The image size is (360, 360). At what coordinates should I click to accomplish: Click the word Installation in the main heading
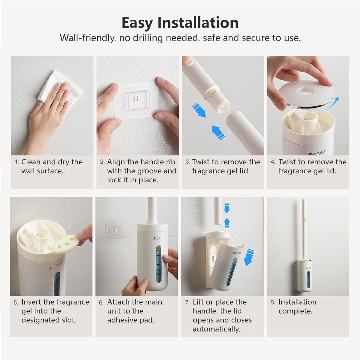[x=198, y=23]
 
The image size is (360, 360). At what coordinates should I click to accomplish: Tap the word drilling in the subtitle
[x=148, y=38]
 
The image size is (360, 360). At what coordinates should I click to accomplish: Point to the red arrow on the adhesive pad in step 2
[x=137, y=98]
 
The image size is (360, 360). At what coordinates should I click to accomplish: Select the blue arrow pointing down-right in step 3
[x=199, y=110]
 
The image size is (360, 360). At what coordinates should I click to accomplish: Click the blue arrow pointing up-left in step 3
[x=218, y=133]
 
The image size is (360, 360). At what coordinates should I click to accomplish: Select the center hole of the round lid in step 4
[x=305, y=91]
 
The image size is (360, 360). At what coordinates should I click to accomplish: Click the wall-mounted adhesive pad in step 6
[x=115, y=231]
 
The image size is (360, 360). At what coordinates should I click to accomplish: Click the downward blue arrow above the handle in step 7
[x=226, y=208]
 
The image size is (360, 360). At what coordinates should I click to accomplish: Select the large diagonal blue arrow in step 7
[x=249, y=257]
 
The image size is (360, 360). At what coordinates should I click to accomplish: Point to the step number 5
[x=16, y=303]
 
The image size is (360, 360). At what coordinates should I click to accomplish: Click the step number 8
[x=273, y=302]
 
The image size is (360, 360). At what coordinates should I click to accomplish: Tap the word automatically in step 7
[x=216, y=329]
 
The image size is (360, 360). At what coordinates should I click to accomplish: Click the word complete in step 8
[x=295, y=311]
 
